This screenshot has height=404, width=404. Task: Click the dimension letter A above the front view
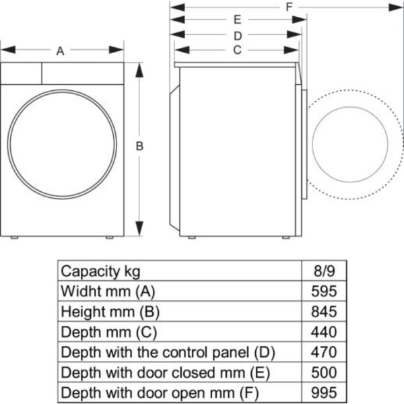[x=61, y=50]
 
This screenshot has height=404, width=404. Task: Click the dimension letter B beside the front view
[x=140, y=146]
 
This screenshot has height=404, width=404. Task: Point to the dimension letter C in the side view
[x=237, y=50]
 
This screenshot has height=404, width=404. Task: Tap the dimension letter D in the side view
[x=238, y=35]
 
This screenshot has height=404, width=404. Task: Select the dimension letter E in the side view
[x=238, y=20]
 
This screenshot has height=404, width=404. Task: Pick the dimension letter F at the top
[x=288, y=7]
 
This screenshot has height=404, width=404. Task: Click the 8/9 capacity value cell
[x=323, y=271]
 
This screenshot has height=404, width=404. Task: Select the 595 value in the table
[x=323, y=292]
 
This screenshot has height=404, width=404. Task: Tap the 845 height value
[x=323, y=312]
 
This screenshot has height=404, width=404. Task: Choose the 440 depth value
[x=323, y=332]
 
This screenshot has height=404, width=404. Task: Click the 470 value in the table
[x=323, y=352]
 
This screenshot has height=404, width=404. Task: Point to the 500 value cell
[x=323, y=372]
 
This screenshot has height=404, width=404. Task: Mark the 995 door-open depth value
[x=323, y=393]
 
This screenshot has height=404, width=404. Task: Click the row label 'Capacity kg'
[x=101, y=271]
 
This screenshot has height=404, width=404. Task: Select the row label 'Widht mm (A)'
[x=108, y=292]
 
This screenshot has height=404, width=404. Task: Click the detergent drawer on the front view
[x=22, y=73]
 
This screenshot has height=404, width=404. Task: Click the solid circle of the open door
[x=351, y=146]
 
